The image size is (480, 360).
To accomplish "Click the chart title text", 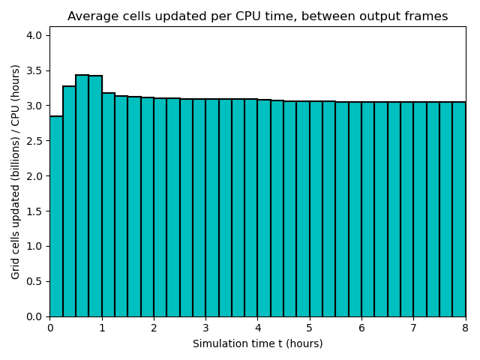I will (x=257, y=16).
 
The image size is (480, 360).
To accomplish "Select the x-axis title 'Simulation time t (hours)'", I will (x=257, y=344).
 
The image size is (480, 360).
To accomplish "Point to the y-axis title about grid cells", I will (x=16, y=172).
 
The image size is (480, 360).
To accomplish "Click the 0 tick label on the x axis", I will (x=50, y=328).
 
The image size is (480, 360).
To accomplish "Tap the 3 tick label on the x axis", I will (x=205, y=328).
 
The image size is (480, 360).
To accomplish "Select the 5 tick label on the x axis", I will (x=310, y=328).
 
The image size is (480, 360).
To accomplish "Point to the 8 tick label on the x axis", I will (x=465, y=328).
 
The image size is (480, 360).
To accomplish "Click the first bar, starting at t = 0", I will (x=56, y=217).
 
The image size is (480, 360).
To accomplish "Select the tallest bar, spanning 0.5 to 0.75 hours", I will (x=82, y=195).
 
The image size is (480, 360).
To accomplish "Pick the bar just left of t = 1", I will (x=95, y=195).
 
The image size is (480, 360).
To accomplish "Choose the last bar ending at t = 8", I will (x=459, y=210).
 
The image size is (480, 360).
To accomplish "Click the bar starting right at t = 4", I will (x=264, y=210).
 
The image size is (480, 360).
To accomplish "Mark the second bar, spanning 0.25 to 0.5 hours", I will (x=69, y=202).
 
